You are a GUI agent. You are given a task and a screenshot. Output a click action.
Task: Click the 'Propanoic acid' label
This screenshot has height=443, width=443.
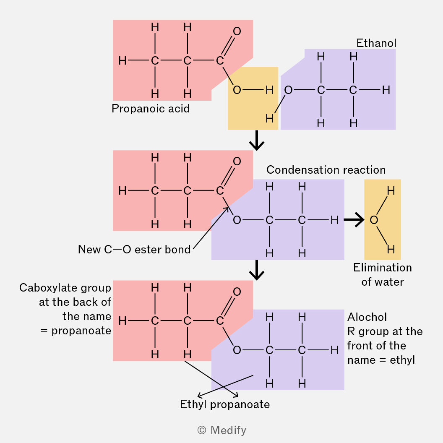coord(151,109)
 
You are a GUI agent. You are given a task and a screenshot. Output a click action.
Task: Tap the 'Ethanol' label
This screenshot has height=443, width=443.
coord(376,43)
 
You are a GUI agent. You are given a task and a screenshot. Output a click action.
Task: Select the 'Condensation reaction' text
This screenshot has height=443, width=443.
coord(326,170)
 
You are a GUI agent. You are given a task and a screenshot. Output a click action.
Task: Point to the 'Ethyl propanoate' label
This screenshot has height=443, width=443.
coord(225,404)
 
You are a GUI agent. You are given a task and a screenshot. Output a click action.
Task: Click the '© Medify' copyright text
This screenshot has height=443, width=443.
coord(221,430)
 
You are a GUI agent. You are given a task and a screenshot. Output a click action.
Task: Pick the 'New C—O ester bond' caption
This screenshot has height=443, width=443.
coord(134,250)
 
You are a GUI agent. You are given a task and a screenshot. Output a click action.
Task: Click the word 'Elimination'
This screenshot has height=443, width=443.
coord(383,268)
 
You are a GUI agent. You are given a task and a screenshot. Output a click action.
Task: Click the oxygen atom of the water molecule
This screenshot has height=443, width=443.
coord(374,220)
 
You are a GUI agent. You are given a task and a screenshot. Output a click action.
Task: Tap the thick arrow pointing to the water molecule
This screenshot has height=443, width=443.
coord(354,219)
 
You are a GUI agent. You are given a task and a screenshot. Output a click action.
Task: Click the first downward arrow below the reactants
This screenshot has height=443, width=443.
coord(256,141)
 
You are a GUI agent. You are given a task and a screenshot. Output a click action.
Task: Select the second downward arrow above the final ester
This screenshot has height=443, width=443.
coord(256,271)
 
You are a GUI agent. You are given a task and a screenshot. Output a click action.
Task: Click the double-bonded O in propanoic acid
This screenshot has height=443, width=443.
coord(237,31)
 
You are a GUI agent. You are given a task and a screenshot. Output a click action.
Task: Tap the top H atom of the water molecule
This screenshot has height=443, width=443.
coord(391,191)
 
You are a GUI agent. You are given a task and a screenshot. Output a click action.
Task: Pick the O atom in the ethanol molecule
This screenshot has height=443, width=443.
coord(288,90)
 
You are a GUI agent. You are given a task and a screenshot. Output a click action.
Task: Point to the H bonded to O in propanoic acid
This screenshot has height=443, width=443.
coord(269,90)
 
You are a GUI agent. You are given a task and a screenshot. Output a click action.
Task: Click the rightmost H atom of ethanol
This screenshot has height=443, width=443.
coord(386,90)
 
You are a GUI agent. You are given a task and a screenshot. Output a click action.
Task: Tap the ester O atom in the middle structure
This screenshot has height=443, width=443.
coord(237,220)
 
